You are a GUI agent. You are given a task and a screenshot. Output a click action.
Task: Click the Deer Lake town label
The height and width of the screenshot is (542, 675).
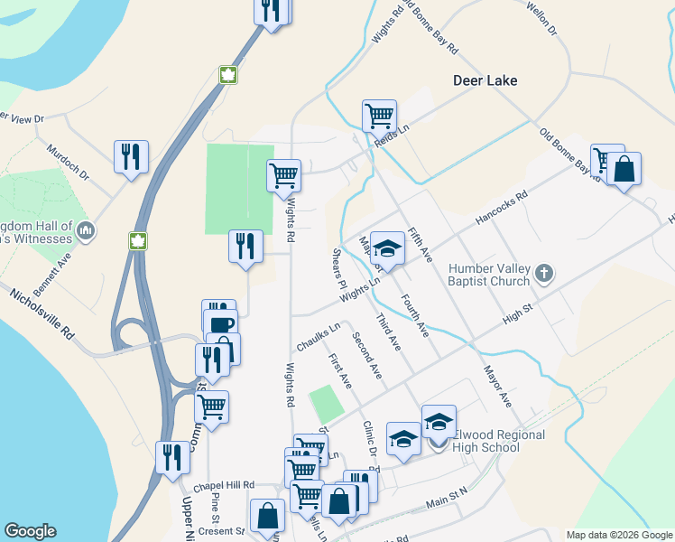pos(485,80)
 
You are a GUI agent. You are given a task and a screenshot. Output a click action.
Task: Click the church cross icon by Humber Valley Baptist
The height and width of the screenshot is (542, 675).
pos(543,272)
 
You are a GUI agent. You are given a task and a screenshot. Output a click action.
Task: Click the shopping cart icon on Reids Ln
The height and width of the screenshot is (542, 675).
pos(380,117)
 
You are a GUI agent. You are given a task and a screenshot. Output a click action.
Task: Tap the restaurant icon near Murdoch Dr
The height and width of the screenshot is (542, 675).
pos(131,157)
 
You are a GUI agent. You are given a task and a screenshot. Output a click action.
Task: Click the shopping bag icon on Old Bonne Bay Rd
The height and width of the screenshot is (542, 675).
pos(624,169)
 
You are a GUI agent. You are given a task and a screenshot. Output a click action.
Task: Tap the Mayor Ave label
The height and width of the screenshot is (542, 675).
pos(497,386)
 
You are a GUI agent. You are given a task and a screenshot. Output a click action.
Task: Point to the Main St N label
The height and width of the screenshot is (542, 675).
pos(448,496)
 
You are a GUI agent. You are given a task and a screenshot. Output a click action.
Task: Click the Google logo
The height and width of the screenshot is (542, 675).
pos(30,531)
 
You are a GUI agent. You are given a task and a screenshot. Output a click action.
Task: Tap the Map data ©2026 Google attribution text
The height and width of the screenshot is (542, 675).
pos(618,535)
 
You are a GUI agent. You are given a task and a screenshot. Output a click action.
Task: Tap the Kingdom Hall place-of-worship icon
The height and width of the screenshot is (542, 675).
pos(86,231)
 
